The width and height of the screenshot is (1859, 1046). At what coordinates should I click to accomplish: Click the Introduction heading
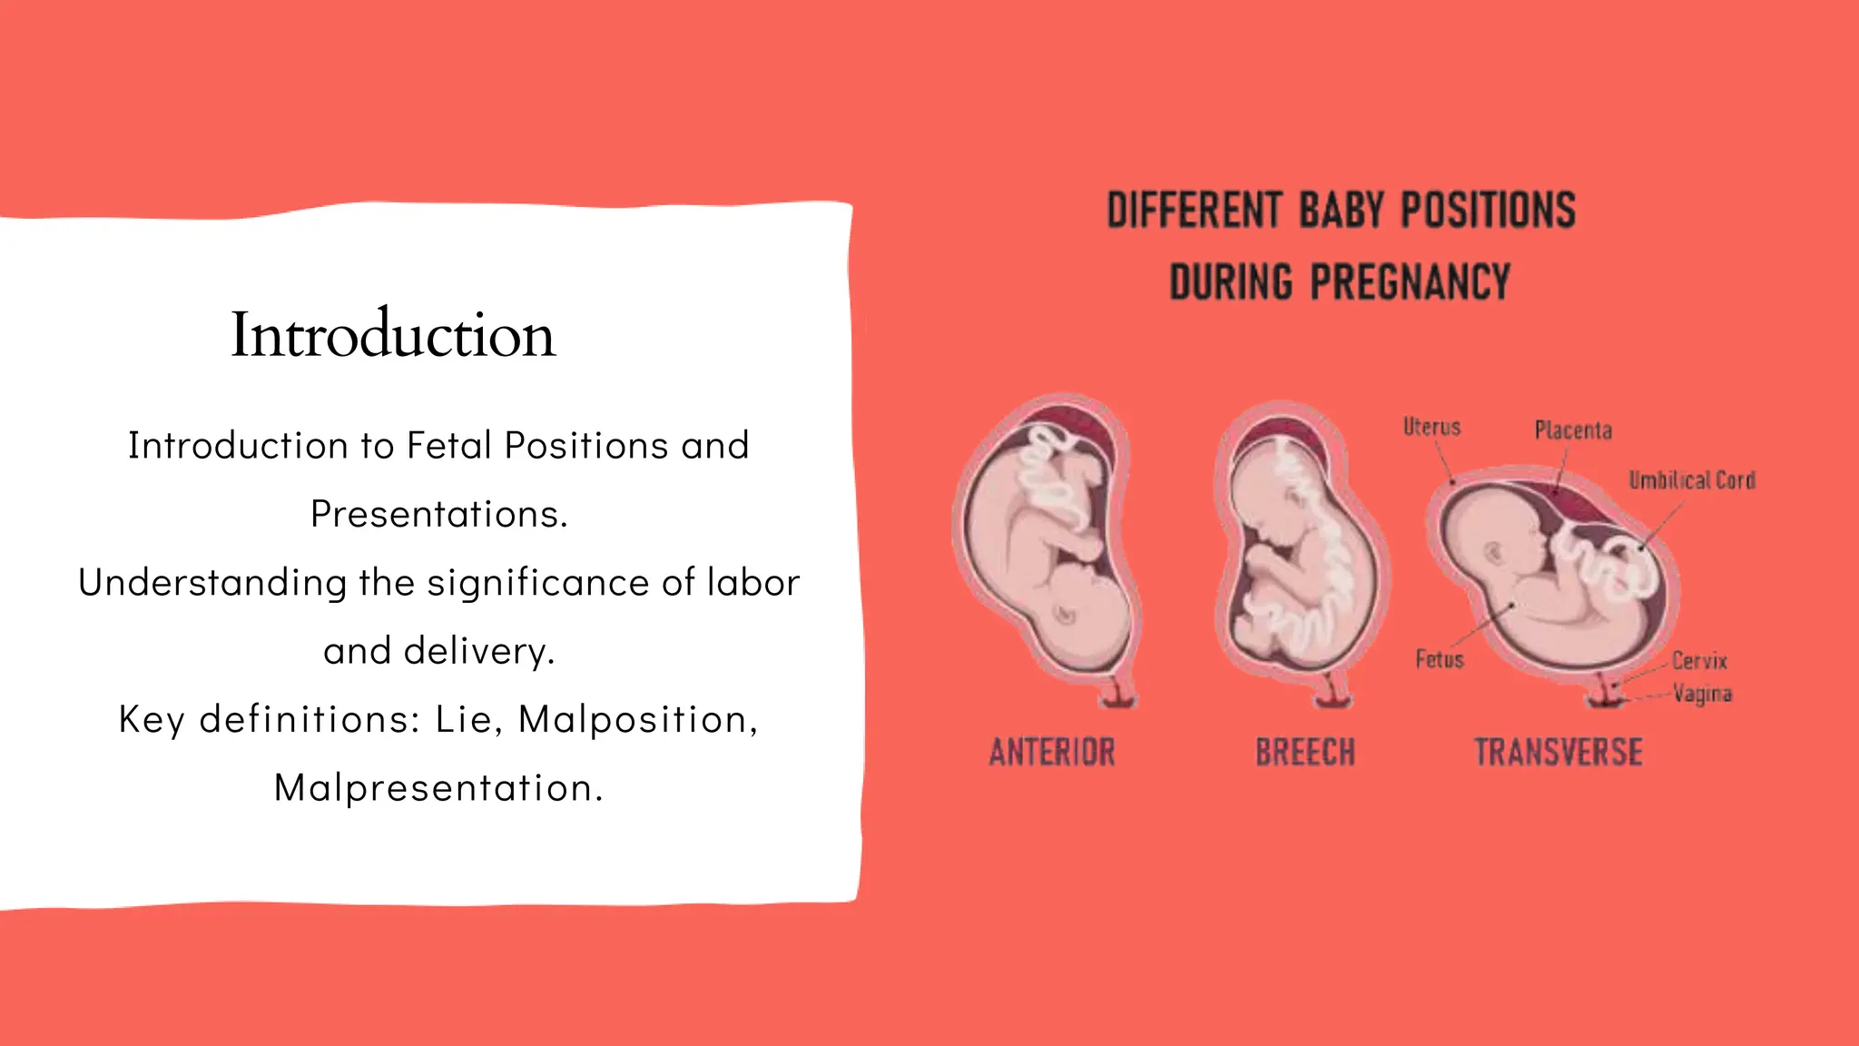(x=392, y=335)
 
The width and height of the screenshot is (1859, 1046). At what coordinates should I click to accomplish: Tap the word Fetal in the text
(x=449, y=446)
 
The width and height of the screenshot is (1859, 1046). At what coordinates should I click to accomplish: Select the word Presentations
(x=438, y=515)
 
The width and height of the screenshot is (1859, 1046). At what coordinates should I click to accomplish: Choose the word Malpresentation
(x=438, y=788)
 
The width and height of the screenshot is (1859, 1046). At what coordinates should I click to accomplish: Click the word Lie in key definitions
(x=464, y=720)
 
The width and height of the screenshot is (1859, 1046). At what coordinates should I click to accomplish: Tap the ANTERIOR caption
(x=1052, y=753)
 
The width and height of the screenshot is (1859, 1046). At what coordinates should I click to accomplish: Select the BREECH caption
(x=1304, y=753)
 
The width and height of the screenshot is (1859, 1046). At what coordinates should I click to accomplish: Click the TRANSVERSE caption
(x=1558, y=753)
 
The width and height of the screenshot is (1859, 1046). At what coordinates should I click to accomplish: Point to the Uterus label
(x=1431, y=427)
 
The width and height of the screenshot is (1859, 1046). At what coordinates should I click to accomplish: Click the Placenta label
(x=1573, y=430)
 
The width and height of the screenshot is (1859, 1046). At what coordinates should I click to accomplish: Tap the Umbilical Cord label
(x=1692, y=480)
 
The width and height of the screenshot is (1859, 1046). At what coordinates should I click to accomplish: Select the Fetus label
(x=1440, y=659)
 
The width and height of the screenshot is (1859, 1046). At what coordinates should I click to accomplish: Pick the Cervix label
(x=1699, y=660)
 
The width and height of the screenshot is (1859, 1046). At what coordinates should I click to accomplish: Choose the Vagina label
(x=1703, y=695)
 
